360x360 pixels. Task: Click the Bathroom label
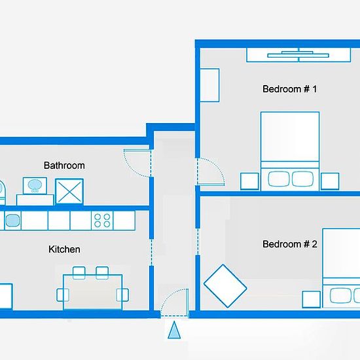(64, 166)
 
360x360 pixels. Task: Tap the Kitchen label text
(64, 249)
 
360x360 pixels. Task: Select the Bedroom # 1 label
(290, 89)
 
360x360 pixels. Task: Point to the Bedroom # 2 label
(290, 244)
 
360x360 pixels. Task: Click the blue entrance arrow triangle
(174, 330)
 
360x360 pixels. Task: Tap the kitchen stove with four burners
(102, 221)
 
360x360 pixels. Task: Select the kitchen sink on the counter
(13, 221)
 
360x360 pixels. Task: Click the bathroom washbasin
(35, 185)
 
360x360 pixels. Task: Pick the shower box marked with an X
(69, 192)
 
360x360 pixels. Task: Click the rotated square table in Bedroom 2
(225, 286)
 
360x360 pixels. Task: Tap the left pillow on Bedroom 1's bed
(279, 179)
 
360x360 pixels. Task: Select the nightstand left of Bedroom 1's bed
(249, 181)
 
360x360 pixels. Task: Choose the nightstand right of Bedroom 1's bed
(330, 181)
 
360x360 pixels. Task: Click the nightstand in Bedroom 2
(312, 299)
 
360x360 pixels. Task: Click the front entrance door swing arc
(168, 296)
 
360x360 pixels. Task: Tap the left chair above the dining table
(79, 273)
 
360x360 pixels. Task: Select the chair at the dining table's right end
(122, 295)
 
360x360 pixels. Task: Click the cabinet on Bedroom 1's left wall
(209, 85)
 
